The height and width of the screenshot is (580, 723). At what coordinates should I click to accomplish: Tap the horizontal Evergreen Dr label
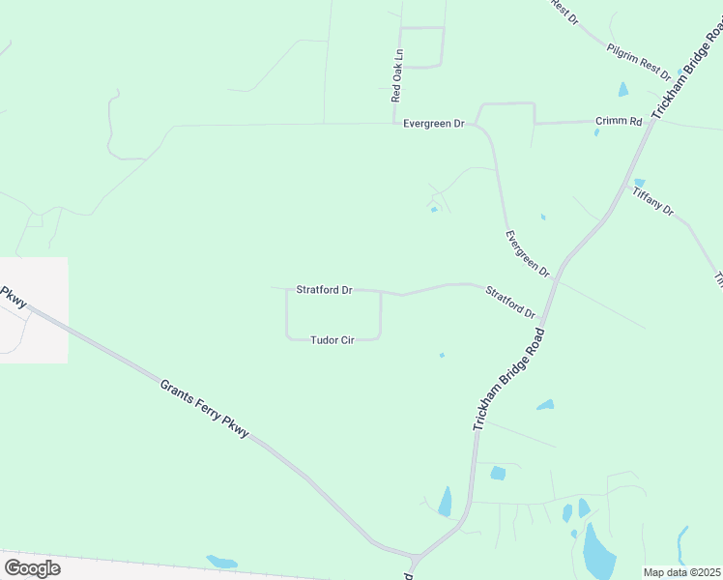(434, 124)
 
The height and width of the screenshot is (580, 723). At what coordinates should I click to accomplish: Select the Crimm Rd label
(619, 122)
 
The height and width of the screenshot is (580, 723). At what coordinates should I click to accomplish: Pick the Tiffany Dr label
(652, 200)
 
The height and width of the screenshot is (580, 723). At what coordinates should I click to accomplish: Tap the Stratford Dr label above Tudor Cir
(324, 289)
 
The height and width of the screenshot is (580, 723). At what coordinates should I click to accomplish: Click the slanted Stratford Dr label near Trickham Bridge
(510, 302)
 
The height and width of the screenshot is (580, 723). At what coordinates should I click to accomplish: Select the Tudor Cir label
(332, 340)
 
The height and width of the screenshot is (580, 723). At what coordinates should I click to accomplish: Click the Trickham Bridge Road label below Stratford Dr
(508, 379)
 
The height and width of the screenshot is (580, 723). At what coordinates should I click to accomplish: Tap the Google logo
(32, 567)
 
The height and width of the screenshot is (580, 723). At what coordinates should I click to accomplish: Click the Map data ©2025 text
(682, 572)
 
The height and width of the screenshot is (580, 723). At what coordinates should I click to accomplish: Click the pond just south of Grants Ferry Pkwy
(221, 561)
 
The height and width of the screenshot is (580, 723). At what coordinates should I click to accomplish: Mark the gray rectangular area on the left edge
(34, 309)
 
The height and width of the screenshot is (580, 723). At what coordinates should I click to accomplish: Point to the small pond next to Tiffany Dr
(639, 182)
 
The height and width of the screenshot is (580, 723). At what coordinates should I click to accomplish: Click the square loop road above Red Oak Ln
(421, 46)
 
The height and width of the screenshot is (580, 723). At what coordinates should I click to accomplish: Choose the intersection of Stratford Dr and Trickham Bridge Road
(544, 320)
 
